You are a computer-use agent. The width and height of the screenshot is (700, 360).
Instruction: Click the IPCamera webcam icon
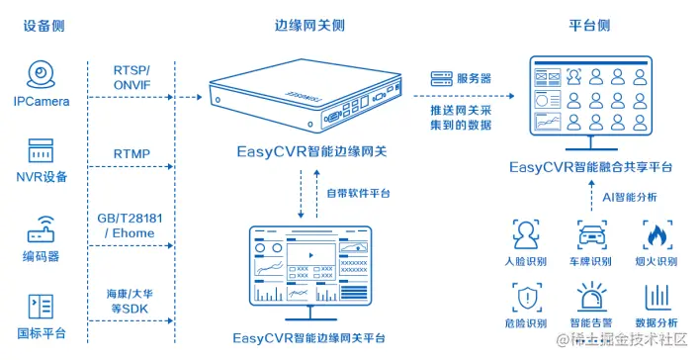click(x=41, y=74)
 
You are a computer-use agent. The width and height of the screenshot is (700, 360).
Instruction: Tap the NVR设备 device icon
click(x=41, y=151)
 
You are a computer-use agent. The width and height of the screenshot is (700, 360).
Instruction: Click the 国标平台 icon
click(x=41, y=306)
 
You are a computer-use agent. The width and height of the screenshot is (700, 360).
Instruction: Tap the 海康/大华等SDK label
click(x=131, y=302)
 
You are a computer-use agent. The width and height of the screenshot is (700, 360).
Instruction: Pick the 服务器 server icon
click(x=441, y=78)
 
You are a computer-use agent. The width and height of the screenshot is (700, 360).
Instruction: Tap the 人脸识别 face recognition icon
click(x=525, y=235)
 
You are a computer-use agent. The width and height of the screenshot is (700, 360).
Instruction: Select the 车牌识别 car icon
click(x=591, y=235)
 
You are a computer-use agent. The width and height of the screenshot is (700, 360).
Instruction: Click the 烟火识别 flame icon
click(x=657, y=235)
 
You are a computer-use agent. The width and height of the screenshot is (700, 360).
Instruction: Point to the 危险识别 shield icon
click(x=525, y=298)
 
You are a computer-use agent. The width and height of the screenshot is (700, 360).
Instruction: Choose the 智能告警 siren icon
click(x=591, y=298)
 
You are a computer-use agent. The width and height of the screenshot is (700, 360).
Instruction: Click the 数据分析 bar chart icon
click(x=657, y=298)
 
